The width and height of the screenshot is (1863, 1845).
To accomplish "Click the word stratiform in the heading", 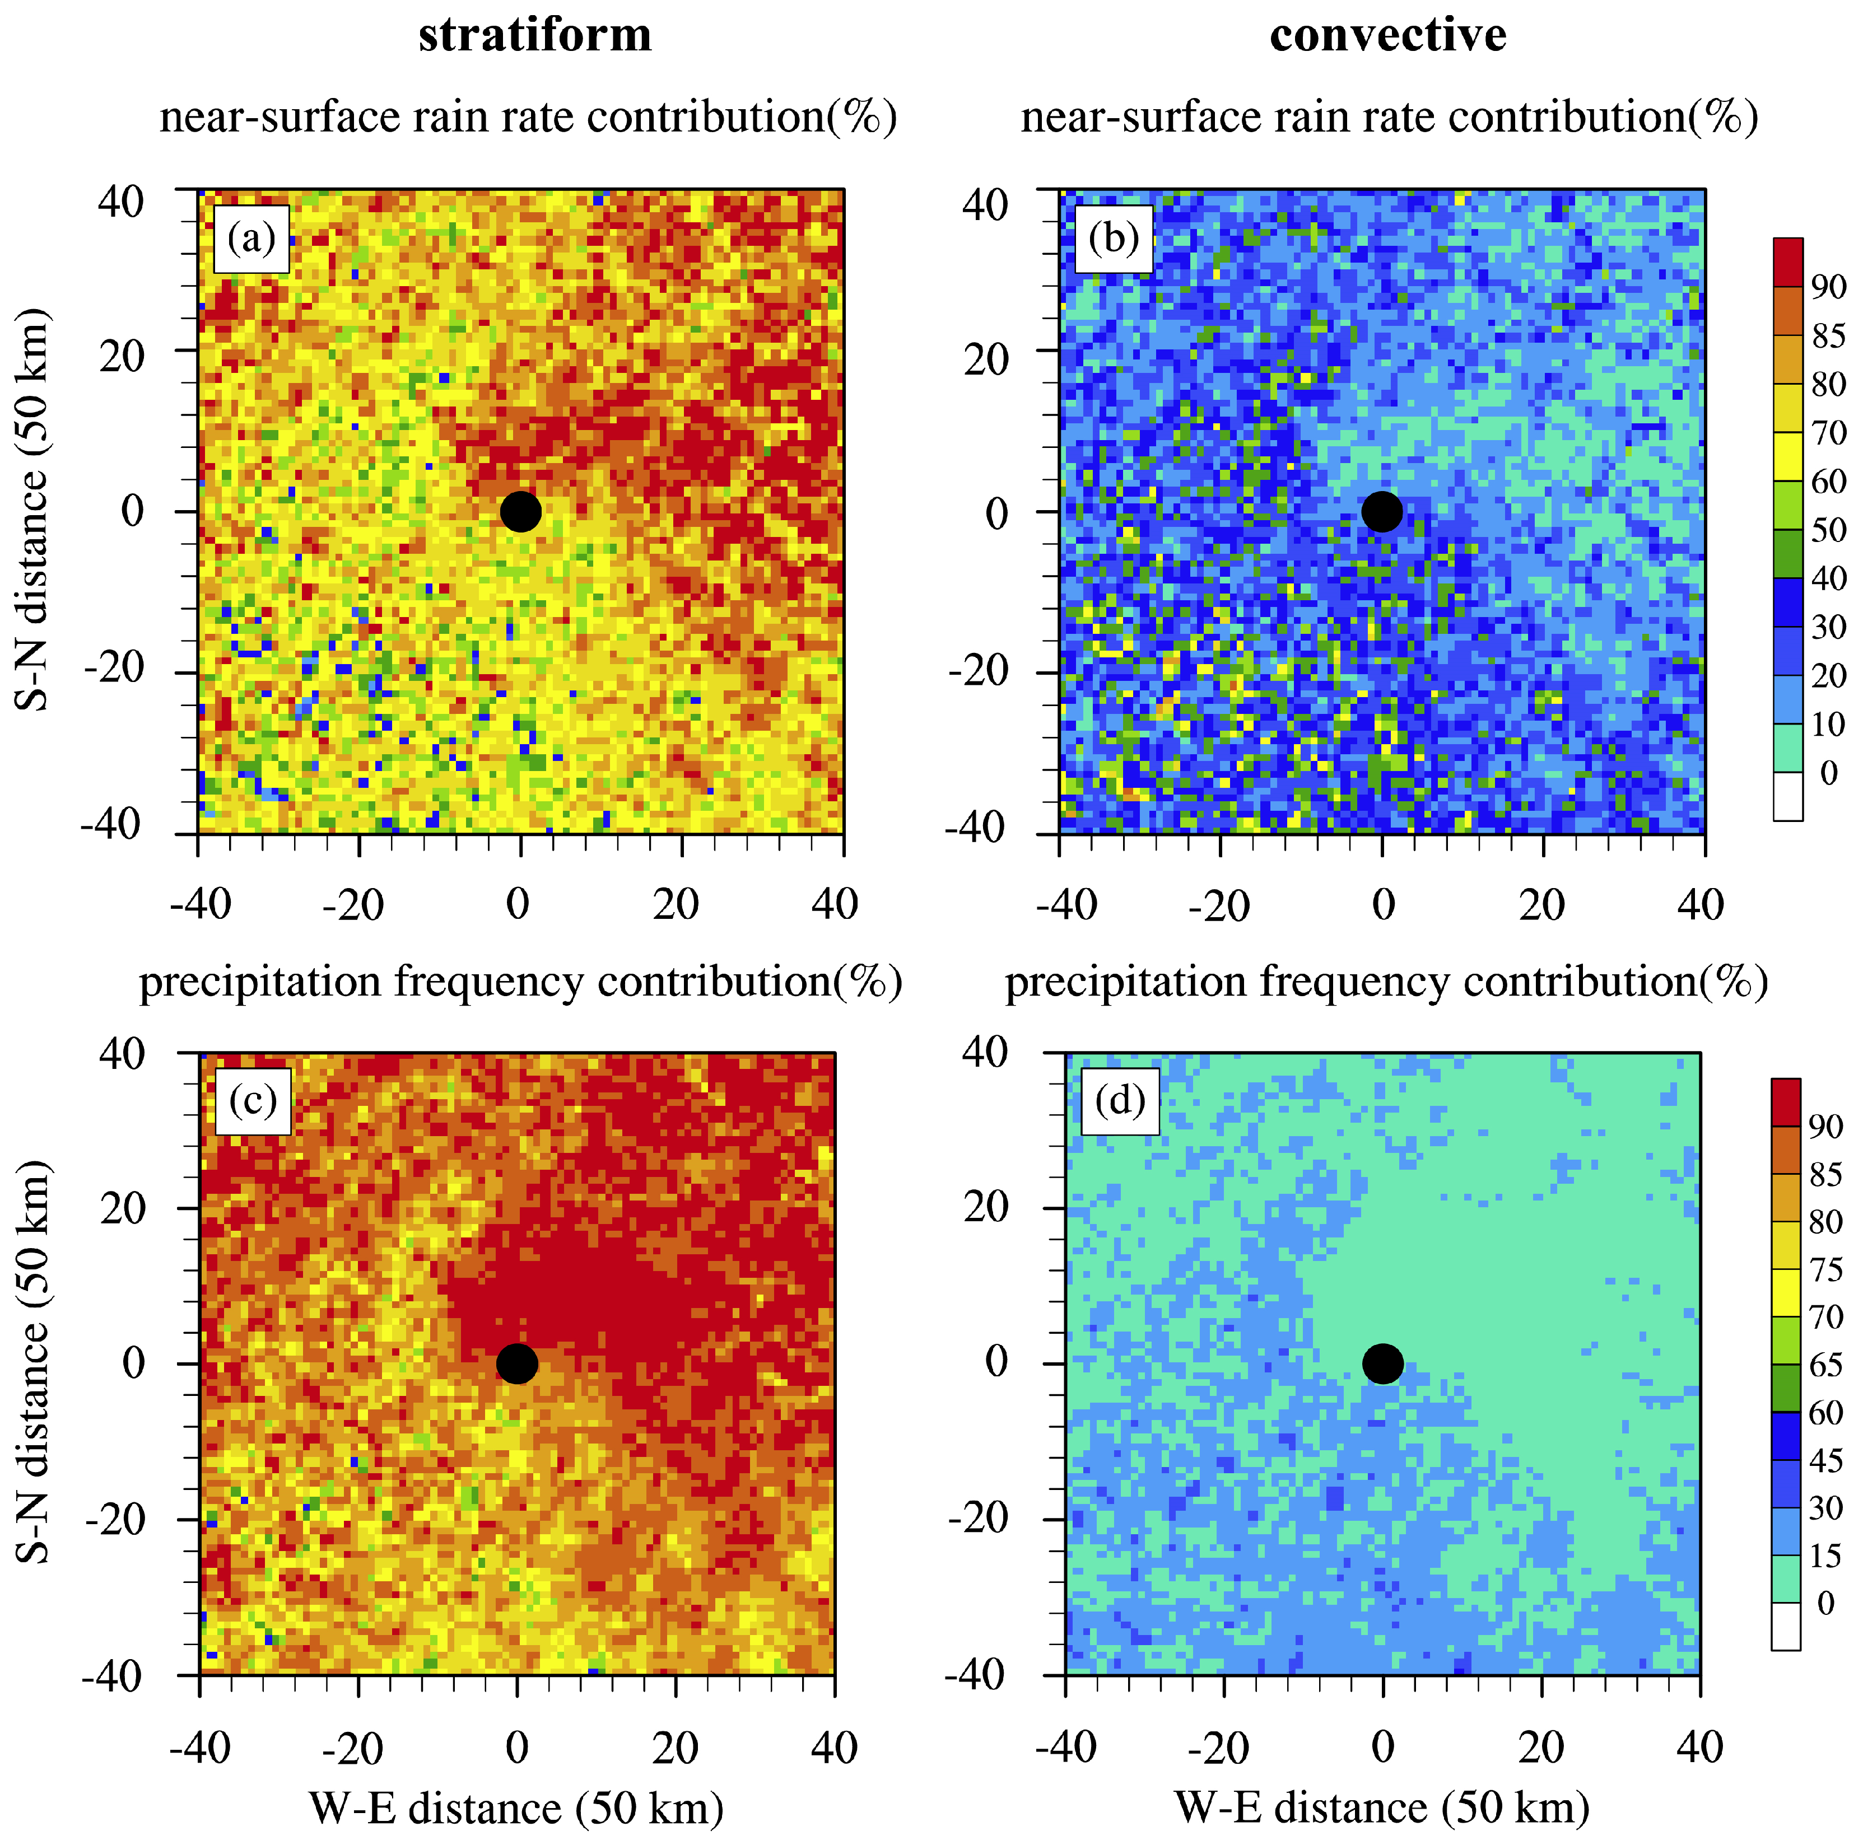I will point(535,36).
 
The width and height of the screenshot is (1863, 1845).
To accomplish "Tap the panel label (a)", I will point(251,238).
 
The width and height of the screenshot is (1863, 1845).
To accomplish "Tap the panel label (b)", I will point(1114,238).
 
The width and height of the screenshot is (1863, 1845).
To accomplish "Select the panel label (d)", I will point(1120,1100).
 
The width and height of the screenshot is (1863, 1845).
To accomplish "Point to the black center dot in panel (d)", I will point(1383,1363).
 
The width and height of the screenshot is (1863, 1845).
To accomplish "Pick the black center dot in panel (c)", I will point(517,1363).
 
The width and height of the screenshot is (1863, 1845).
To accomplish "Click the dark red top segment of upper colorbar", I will point(1788,262).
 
